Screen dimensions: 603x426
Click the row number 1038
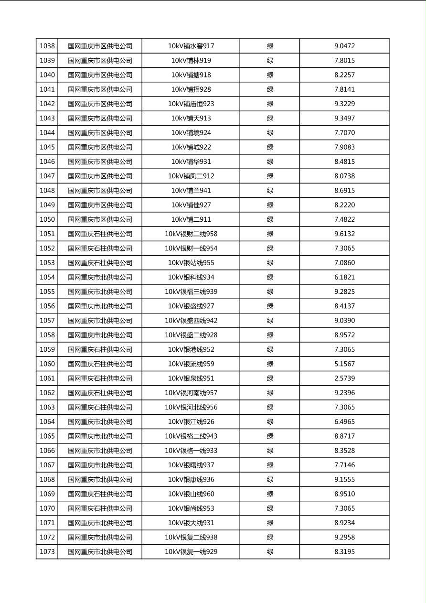click(x=47, y=46)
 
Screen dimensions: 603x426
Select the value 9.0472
click(x=344, y=46)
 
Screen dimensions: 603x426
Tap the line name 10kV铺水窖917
click(x=191, y=46)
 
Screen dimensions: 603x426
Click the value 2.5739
click(x=344, y=378)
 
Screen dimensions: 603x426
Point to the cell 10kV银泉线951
click(x=191, y=378)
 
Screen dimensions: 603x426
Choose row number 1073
click(x=47, y=552)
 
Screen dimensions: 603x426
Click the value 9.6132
click(x=344, y=234)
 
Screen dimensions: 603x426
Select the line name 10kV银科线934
click(x=191, y=277)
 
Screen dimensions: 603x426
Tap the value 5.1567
click(x=344, y=364)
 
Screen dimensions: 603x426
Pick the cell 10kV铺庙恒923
click(x=191, y=104)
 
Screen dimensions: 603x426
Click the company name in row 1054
click(x=100, y=277)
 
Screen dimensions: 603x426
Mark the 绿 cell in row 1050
click(x=270, y=220)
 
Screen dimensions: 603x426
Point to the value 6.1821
click(x=344, y=277)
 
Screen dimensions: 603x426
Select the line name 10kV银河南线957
click(x=191, y=393)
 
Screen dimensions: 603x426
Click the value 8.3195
click(x=344, y=552)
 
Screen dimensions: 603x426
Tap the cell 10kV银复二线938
click(x=191, y=538)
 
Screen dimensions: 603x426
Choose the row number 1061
click(x=47, y=378)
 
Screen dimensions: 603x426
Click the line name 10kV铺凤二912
click(x=191, y=176)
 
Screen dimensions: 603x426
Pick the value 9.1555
click(x=344, y=480)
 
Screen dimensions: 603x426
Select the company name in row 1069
click(x=100, y=494)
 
